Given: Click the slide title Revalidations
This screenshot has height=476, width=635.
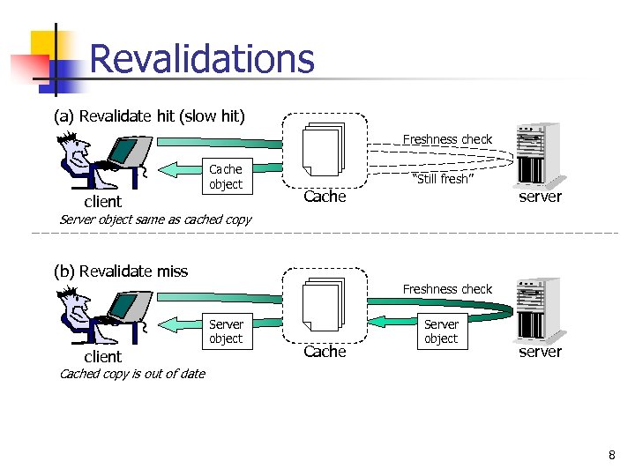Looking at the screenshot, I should pos(201,59).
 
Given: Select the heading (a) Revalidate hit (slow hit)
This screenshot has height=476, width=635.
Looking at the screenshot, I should pos(149,116).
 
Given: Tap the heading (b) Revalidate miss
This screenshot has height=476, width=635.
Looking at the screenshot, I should pos(121,271).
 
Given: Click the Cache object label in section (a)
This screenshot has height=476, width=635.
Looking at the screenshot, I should pos(225,176).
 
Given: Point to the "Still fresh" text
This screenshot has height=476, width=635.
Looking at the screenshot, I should pos(444,179).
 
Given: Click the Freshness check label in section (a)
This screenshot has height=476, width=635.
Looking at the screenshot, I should pos(447,139).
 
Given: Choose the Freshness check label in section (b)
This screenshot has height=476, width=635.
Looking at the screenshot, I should pos(447,289).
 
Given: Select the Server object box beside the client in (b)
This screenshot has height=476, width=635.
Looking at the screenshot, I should pos(226,331).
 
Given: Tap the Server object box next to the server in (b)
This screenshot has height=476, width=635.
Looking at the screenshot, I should pos(441,331).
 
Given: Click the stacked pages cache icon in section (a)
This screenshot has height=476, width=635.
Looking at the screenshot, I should pos(323,149).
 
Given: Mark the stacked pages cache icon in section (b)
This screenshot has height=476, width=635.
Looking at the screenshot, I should pos(323,304).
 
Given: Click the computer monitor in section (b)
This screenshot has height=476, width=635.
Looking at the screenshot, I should pos(124,307).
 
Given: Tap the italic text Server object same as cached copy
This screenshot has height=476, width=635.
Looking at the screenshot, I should pos(154,219).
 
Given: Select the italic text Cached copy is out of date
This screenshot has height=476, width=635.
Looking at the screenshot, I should pos(131,374).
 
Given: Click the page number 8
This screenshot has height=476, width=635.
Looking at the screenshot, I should pos(611,456).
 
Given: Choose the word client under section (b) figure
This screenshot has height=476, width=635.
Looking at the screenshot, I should pos(102,356).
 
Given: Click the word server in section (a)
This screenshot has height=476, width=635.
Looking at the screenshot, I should pos(540,197).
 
